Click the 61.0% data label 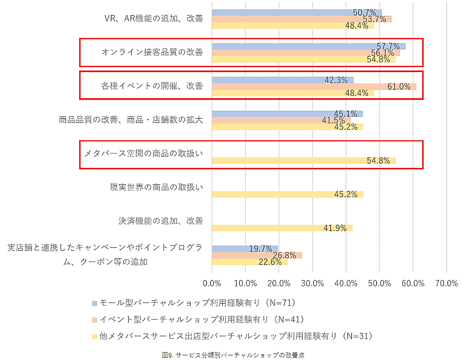pos(399,87)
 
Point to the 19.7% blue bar pos(245,249)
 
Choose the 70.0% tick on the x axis pos(446,283)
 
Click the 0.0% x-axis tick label pos(212,283)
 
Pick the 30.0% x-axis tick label pos(312,283)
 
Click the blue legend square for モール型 pos(95,303)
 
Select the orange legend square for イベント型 pos(95,320)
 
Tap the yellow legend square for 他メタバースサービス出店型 pos(95,336)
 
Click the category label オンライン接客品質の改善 pos(152,52)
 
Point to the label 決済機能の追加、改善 pos(161,221)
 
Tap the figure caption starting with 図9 pos(233,355)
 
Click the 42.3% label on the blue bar pos(336,80)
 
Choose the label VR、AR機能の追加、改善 pos(154,19)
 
